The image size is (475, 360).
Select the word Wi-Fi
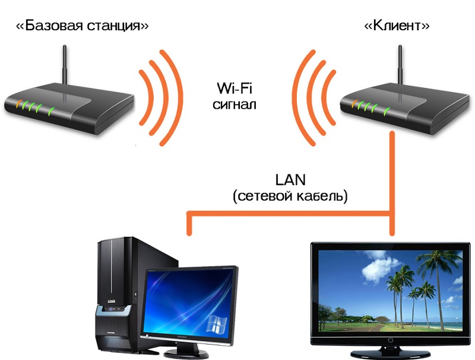click(x=234, y=91)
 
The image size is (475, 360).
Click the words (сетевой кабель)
click(x=290, y=195)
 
